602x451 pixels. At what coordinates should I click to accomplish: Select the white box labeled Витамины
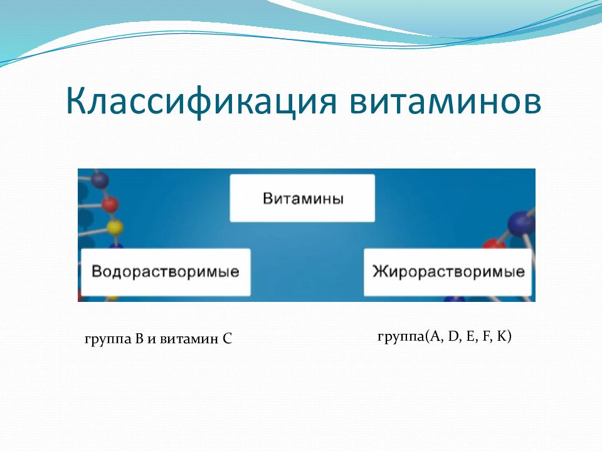(302, 198)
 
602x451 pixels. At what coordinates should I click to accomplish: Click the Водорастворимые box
(166, 272)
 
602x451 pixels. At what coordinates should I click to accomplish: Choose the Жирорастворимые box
(448, 272)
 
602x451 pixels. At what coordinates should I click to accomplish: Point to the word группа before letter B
(108, 340)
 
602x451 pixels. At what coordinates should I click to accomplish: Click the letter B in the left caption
(139, 339)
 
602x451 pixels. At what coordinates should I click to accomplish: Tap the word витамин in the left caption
(189, 339)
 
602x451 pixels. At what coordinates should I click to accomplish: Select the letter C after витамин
(227, 339)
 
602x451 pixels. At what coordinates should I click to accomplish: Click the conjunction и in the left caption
(152, 340)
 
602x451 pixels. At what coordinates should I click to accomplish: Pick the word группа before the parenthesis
(401, 337)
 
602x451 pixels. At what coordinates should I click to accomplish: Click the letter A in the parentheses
(435, 336)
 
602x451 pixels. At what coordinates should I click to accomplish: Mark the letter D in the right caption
(453, 336)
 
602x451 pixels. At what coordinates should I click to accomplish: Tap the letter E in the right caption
(470, 336)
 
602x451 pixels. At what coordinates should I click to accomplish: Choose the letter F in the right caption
(485, 336)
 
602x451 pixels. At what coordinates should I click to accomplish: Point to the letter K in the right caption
(502, 336)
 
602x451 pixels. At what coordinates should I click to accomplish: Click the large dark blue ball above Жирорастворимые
(520, 224)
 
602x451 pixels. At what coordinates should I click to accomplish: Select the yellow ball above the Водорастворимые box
(114, 227)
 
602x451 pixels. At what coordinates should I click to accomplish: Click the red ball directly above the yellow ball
(110, 204)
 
